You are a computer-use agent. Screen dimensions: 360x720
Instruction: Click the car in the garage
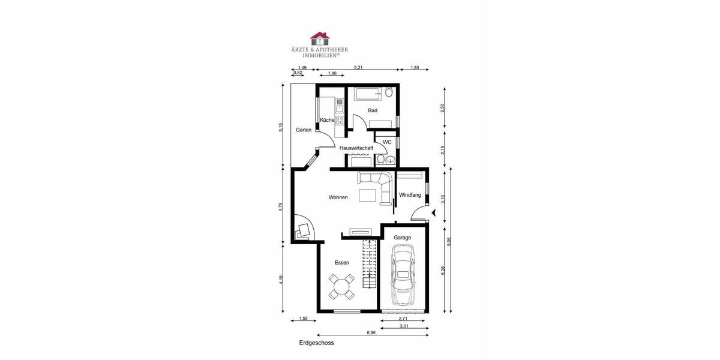(x=403, y=277)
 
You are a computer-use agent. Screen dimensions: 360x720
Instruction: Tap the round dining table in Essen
(x=342, y=286)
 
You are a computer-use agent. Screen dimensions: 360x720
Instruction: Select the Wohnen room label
(x=338, y=197)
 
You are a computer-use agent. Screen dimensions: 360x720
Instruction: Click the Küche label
(x=326, y=121)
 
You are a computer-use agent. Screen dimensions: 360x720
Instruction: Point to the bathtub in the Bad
(x=367, y=94)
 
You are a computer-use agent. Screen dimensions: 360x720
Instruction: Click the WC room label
(x=387, y=142)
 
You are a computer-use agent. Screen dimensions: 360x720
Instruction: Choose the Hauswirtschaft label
(x=356, y=148)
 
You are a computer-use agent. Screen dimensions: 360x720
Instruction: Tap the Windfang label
(x=410, y=195)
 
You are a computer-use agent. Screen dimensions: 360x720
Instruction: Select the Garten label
(x=304, y=130)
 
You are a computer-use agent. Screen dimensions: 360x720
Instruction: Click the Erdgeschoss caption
(x=316, y=344)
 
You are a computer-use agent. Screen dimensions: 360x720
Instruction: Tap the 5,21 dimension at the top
(x=358, y=68)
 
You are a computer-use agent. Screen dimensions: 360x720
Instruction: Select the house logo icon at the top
(x=319, y=39)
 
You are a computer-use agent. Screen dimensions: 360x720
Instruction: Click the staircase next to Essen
(x=368, y=264)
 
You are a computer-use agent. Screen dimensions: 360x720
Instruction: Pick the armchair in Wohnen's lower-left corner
(x=304, y=230)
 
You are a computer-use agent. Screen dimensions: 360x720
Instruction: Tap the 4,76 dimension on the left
(x=281, y=206)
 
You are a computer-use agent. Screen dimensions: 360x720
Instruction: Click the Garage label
(x=403, y=238)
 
